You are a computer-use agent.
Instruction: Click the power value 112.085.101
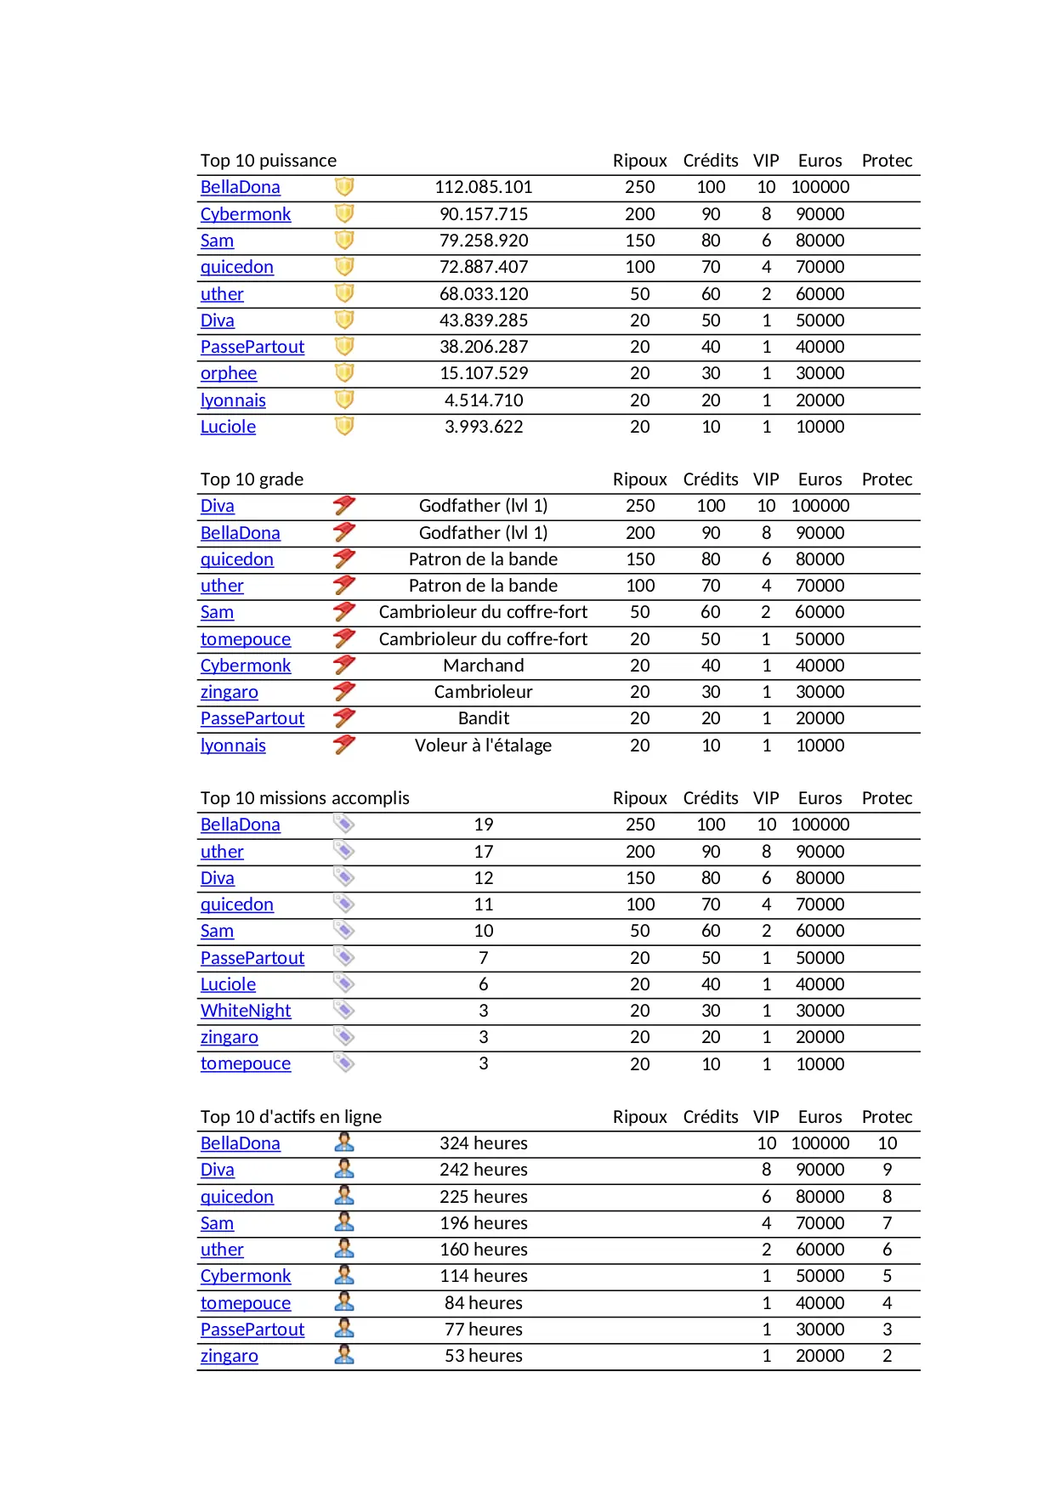483,187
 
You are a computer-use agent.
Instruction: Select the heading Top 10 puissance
268,161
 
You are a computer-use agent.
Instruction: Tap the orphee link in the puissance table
228,373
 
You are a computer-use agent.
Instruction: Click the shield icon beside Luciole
344,426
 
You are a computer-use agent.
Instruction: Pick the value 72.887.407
483,267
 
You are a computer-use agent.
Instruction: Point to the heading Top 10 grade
252,479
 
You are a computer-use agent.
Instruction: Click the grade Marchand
483,666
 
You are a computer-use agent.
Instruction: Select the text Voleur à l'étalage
483,745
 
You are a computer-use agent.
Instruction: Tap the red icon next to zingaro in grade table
344,691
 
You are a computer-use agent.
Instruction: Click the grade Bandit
483,718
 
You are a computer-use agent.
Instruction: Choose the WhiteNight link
245,1011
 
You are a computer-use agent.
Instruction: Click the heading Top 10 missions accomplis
304,798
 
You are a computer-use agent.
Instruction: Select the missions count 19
483,825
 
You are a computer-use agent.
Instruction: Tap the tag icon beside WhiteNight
344,1010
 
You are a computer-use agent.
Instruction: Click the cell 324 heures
483,1143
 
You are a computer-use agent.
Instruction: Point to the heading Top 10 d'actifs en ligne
291,1117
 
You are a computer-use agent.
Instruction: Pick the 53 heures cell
483,1356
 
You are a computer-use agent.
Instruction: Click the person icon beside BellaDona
344,1142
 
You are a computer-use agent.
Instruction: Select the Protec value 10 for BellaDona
887,1143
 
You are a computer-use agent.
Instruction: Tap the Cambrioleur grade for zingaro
483,692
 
